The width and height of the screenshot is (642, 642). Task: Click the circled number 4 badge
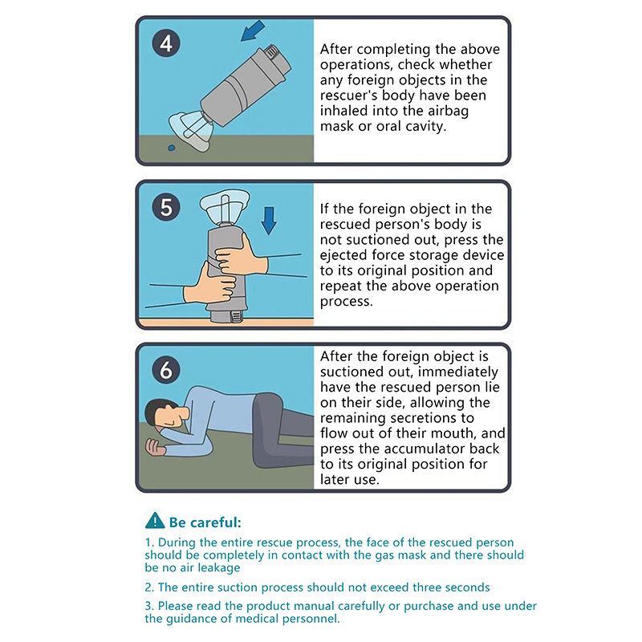click(x=166, y=43)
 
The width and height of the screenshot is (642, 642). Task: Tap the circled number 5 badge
click(x=166, y=207)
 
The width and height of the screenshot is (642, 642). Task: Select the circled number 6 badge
click(x=166, y=370)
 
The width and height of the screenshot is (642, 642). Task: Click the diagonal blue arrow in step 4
click(x=253, y=30)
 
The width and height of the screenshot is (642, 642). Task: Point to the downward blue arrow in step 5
click(x=269, y=220)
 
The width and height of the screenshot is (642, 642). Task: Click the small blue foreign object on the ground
click(x=172, y=148)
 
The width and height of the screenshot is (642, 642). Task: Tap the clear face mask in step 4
click(x=190, y=129)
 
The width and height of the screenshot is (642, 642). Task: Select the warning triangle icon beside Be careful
click(x=155, y=520)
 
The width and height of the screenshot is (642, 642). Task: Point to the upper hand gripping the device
click(x=242, y=257)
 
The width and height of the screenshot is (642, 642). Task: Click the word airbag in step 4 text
click(x=449, y=112)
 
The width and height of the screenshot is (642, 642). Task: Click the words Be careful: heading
click(x=205, y=522)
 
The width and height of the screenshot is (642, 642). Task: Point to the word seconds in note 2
click(x=467, y=587)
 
